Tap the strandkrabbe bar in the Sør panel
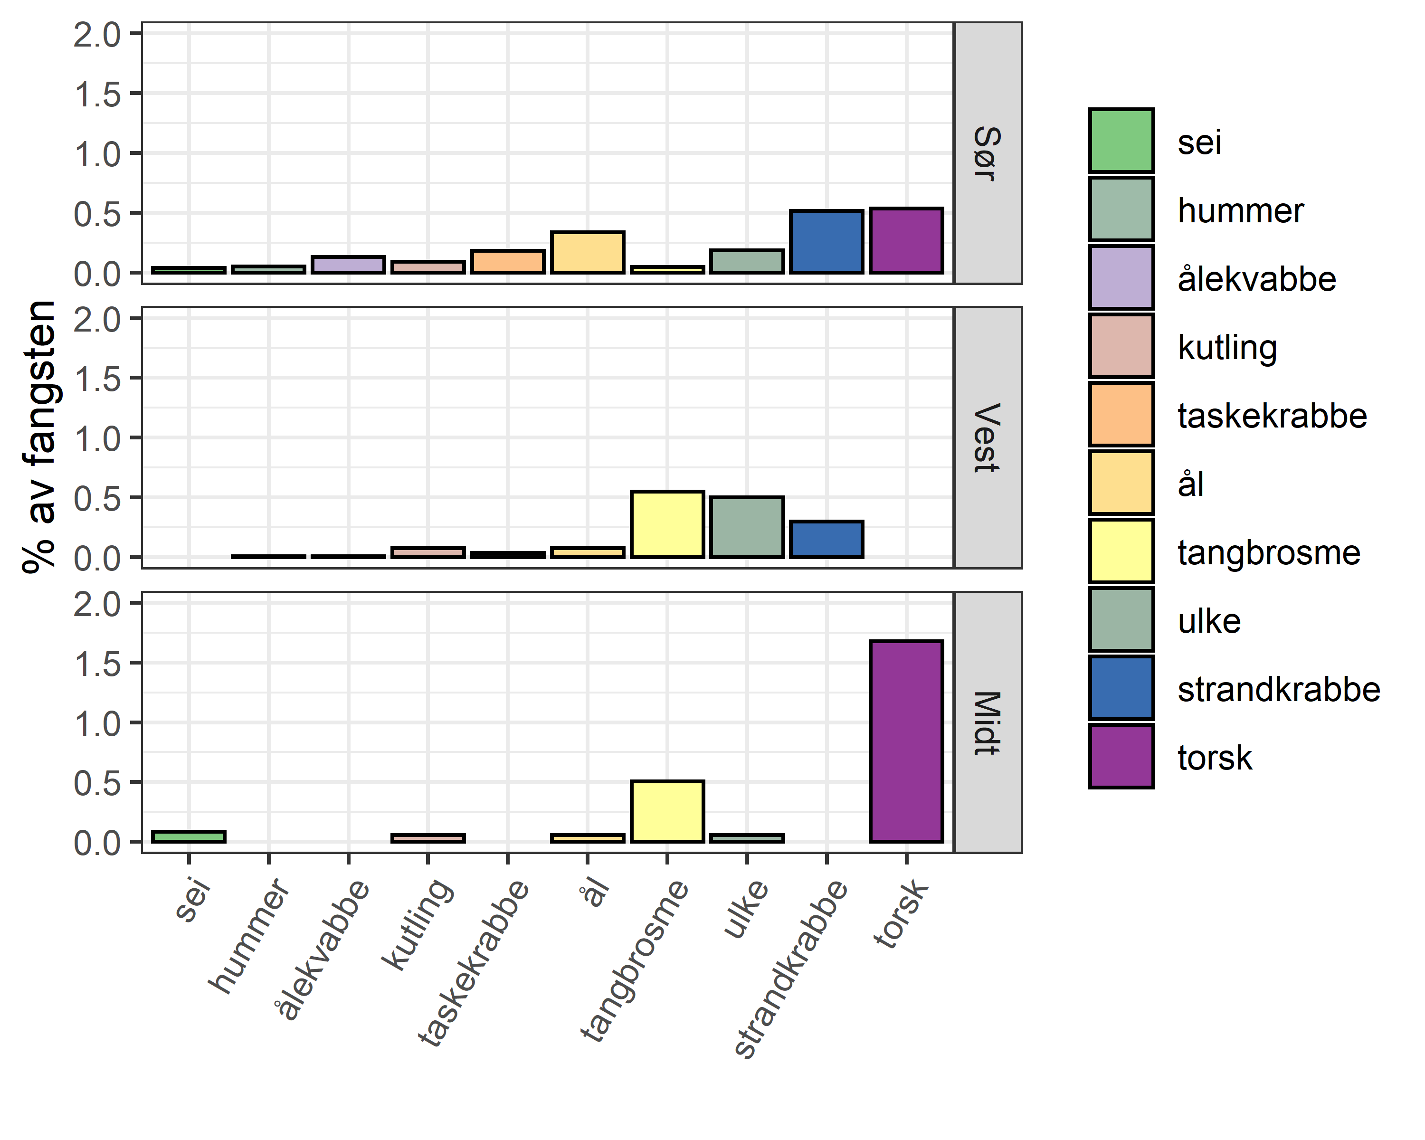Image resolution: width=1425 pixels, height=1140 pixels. coord(826,242)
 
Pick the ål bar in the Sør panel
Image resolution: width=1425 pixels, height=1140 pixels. coord(587,252)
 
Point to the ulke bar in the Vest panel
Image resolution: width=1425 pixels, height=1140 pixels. coord(747,527)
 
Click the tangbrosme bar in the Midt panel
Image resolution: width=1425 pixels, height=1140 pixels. coord(667,812)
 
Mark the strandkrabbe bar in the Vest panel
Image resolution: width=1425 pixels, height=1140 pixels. coord(826,539)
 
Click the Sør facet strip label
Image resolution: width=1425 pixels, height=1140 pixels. coord(988,153)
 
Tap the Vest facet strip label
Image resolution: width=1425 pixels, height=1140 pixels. coord(988,437)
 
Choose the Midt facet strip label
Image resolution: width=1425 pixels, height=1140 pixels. coord(988,722)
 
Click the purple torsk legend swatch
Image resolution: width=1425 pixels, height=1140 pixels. coord(1121,756)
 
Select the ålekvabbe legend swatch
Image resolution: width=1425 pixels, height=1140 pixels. coord(1121,277)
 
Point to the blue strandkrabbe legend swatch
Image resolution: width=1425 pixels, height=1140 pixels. coord(1121,688)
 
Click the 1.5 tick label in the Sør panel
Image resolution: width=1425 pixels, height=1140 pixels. coord(97,95)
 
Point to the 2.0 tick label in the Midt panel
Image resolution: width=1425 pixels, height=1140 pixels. coord(97,604)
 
